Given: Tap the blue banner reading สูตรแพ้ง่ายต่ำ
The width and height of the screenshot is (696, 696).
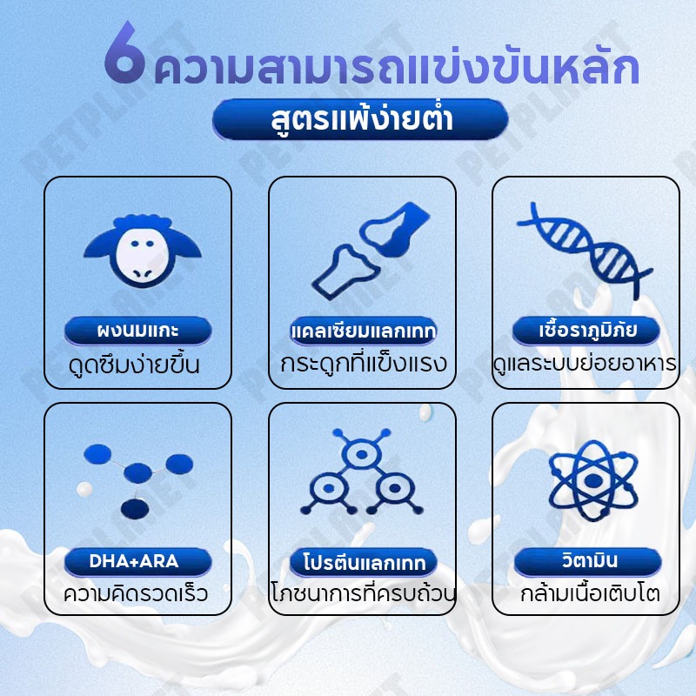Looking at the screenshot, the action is coord(360,119).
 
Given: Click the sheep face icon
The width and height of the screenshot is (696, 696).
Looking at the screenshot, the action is coord(143,251).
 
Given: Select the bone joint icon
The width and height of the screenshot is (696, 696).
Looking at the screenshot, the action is coord(371,251).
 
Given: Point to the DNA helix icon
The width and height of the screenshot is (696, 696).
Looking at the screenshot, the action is coord(585,250).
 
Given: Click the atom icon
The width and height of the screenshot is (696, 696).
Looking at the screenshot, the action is coord(593,480).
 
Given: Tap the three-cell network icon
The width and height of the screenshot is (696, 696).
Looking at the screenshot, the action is coord(362,472).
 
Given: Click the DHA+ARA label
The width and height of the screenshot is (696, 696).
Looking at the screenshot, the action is coord(138,561).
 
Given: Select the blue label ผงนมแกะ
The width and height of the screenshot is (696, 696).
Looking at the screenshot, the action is coord(138,331).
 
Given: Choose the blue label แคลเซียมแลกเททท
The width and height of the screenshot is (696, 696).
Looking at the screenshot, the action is coord(363,331).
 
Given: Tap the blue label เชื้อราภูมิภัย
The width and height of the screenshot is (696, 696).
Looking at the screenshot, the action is coord(586,331).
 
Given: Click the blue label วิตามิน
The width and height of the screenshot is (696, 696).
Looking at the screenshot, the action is coord(588,561).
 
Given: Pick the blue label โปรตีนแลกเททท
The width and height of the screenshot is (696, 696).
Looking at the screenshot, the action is coord(364,562).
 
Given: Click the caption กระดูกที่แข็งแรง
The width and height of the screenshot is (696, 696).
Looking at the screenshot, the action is coord(363,364).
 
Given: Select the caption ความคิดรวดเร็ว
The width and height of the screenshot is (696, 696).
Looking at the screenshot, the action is coord(136,594).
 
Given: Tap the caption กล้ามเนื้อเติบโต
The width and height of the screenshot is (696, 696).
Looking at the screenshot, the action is coord(590,594).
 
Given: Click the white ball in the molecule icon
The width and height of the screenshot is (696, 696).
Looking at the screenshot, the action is coord(84,489).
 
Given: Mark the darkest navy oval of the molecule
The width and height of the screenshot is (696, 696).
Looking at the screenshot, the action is coord(135,509).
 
